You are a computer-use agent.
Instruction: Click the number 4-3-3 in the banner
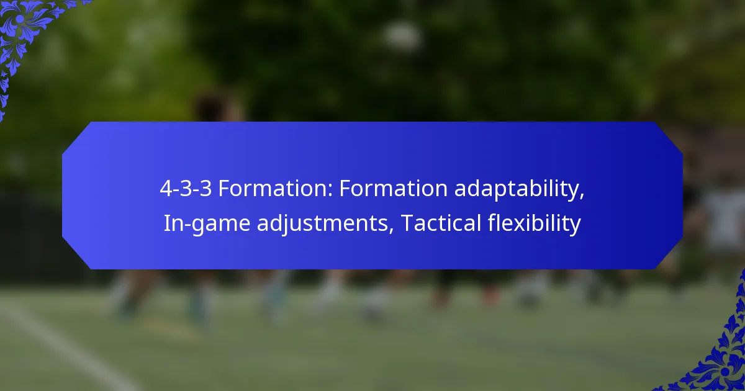click(185, 189)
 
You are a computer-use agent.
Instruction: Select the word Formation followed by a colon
click(273, 189)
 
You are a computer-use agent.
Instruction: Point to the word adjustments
click(324, 223)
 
